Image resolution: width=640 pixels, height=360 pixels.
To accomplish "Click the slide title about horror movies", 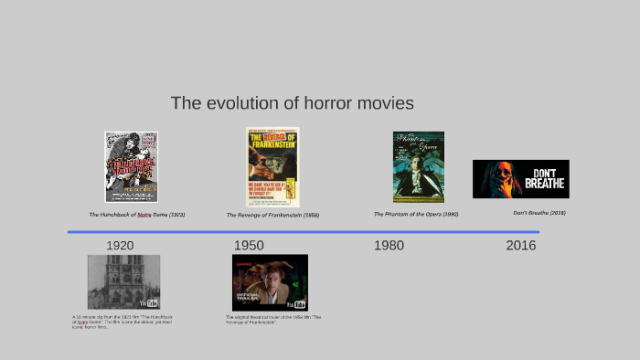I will pyautogui.click(x=292, y=103).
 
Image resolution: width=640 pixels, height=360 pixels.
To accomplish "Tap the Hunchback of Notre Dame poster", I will pyautogui.click(x=131, y=166).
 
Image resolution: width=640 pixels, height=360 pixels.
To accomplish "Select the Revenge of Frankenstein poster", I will pyautogui.click(x=272, y=165).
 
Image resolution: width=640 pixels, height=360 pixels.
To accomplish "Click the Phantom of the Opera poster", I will pyautogui.click(x=419, y=166).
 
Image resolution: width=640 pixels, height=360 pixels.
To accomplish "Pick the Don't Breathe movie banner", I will pyautogui.click(x=520, y=179).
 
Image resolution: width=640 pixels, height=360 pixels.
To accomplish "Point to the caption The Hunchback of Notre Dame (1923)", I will pyautogui.click(x=136, y=215).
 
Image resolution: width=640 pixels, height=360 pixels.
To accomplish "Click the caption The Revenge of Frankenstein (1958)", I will pyautogui.click(x=272, y=216).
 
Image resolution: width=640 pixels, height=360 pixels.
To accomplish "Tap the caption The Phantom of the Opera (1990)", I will pyautogui.click(x=416, y=215).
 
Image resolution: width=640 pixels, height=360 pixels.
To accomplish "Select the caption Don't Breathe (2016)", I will pyautogui.click(x=539, y=213).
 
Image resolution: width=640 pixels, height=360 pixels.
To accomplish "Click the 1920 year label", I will pyautogui.click(x=120, y=246).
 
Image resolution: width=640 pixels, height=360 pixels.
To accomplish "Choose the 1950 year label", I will pyautogui.click(x=249, y=246).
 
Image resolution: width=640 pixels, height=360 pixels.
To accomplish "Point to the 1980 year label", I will pyautogui.click(x=389, y=246).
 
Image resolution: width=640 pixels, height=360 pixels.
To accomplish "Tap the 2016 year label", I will pyautogui.click(x=521, y=246).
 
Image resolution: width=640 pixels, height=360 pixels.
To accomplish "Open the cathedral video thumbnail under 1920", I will pyautogui.click(x=123, y=281).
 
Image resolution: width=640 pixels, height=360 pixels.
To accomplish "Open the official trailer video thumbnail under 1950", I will pyautogui.click(x=270, y=281).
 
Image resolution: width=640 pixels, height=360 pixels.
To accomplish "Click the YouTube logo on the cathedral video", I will pyautogui.click(x=149, y=303).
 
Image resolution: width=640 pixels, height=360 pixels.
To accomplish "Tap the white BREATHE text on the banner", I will pyautogui.click(x=545, y=184).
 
